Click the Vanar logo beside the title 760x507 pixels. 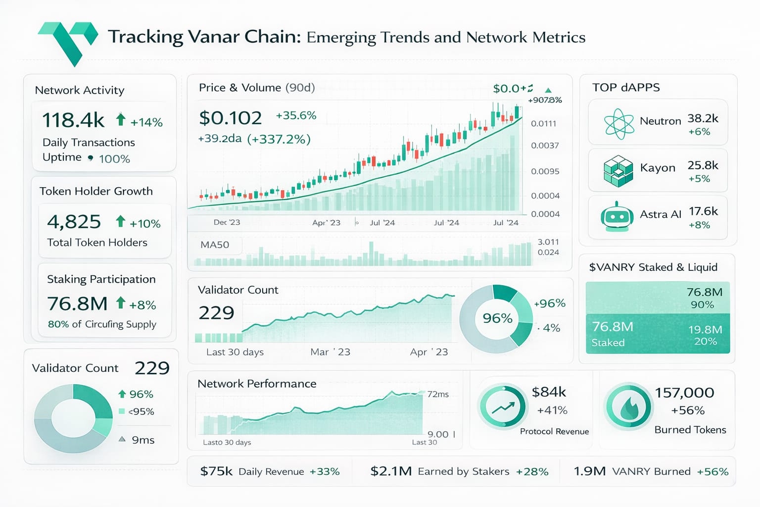click(68, 42)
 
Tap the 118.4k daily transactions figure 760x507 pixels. click(73, 120)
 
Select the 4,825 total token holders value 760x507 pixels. click(74, 222)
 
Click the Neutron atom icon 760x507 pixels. click(618, 123)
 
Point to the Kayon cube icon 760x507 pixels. click(618, 171)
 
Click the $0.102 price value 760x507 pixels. click(230, 118)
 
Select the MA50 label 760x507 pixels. click(215, 245)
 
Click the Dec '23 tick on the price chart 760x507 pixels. click(227, 222)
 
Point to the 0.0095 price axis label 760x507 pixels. click(545, 171)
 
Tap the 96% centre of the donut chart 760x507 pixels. click(497, 318)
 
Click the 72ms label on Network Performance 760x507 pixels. click(438, 394)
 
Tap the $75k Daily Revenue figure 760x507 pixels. click(216, 471)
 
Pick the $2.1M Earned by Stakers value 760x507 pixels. click(391, 471)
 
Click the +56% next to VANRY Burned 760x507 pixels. click(712, 472)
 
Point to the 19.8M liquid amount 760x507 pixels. click(705, 329)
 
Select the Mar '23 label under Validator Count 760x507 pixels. click(330, 352)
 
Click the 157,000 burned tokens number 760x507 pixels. click(684, 393)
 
